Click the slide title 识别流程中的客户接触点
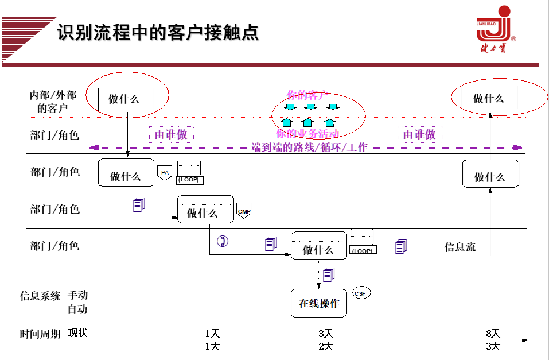pos(157,32)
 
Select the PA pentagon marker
pos(165,173)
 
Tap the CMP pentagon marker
pos(244,211)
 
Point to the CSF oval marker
pos(361,293)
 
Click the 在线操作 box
pos(319,304)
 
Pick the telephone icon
pos(223,241)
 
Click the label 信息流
pos(460,247)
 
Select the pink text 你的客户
pos(307,95)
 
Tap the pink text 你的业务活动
pos(307,134)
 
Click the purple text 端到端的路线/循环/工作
pos(309,148)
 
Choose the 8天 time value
pos(493,333)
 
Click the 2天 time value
pos(326,346)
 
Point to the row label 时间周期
pos(40,334)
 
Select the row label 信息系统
pos(40,296)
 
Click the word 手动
pos(78,295)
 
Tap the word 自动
pos(78,309)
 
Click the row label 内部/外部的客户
pos(53,101)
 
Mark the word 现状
pos(78,332)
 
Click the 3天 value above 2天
pos(326,333)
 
